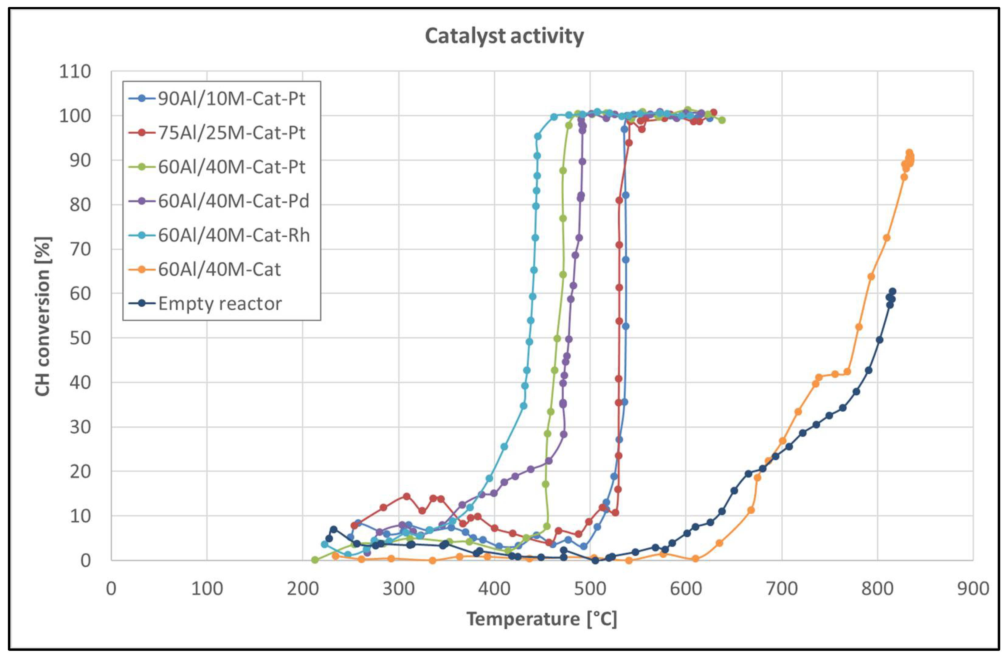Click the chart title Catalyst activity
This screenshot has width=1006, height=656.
pos(504,36)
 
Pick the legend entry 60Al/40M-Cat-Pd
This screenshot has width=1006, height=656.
pos(233,201)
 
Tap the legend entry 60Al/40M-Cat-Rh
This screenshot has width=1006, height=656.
pos(233,235)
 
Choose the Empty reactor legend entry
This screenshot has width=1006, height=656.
pos(220,304)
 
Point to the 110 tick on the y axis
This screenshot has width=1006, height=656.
pos(75,72)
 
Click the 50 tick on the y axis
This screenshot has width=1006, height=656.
pos(80,338)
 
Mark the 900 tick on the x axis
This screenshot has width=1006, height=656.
pos(973,589)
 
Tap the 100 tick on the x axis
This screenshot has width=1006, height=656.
pos(207,589)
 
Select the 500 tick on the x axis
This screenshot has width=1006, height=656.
pos(590,589)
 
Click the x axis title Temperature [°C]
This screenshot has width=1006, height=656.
pos(541,619)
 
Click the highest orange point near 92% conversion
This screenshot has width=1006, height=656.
pos(909,153)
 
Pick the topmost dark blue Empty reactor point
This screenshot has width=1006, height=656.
pos(892,291)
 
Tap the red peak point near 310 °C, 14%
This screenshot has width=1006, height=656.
pos(407,496)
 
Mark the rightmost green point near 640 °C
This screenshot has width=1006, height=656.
pos(722,120)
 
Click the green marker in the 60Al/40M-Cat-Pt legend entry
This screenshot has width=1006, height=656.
pos(142,167)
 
